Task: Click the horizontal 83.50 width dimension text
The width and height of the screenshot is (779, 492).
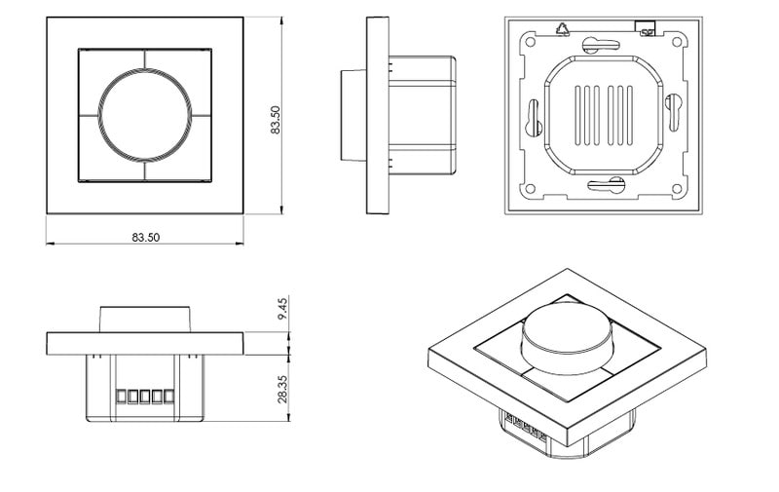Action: [x=145, y=238]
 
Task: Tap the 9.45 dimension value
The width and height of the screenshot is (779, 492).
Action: [x=282, y=309]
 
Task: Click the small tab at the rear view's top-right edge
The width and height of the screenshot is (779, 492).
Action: [x=643, y=25]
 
